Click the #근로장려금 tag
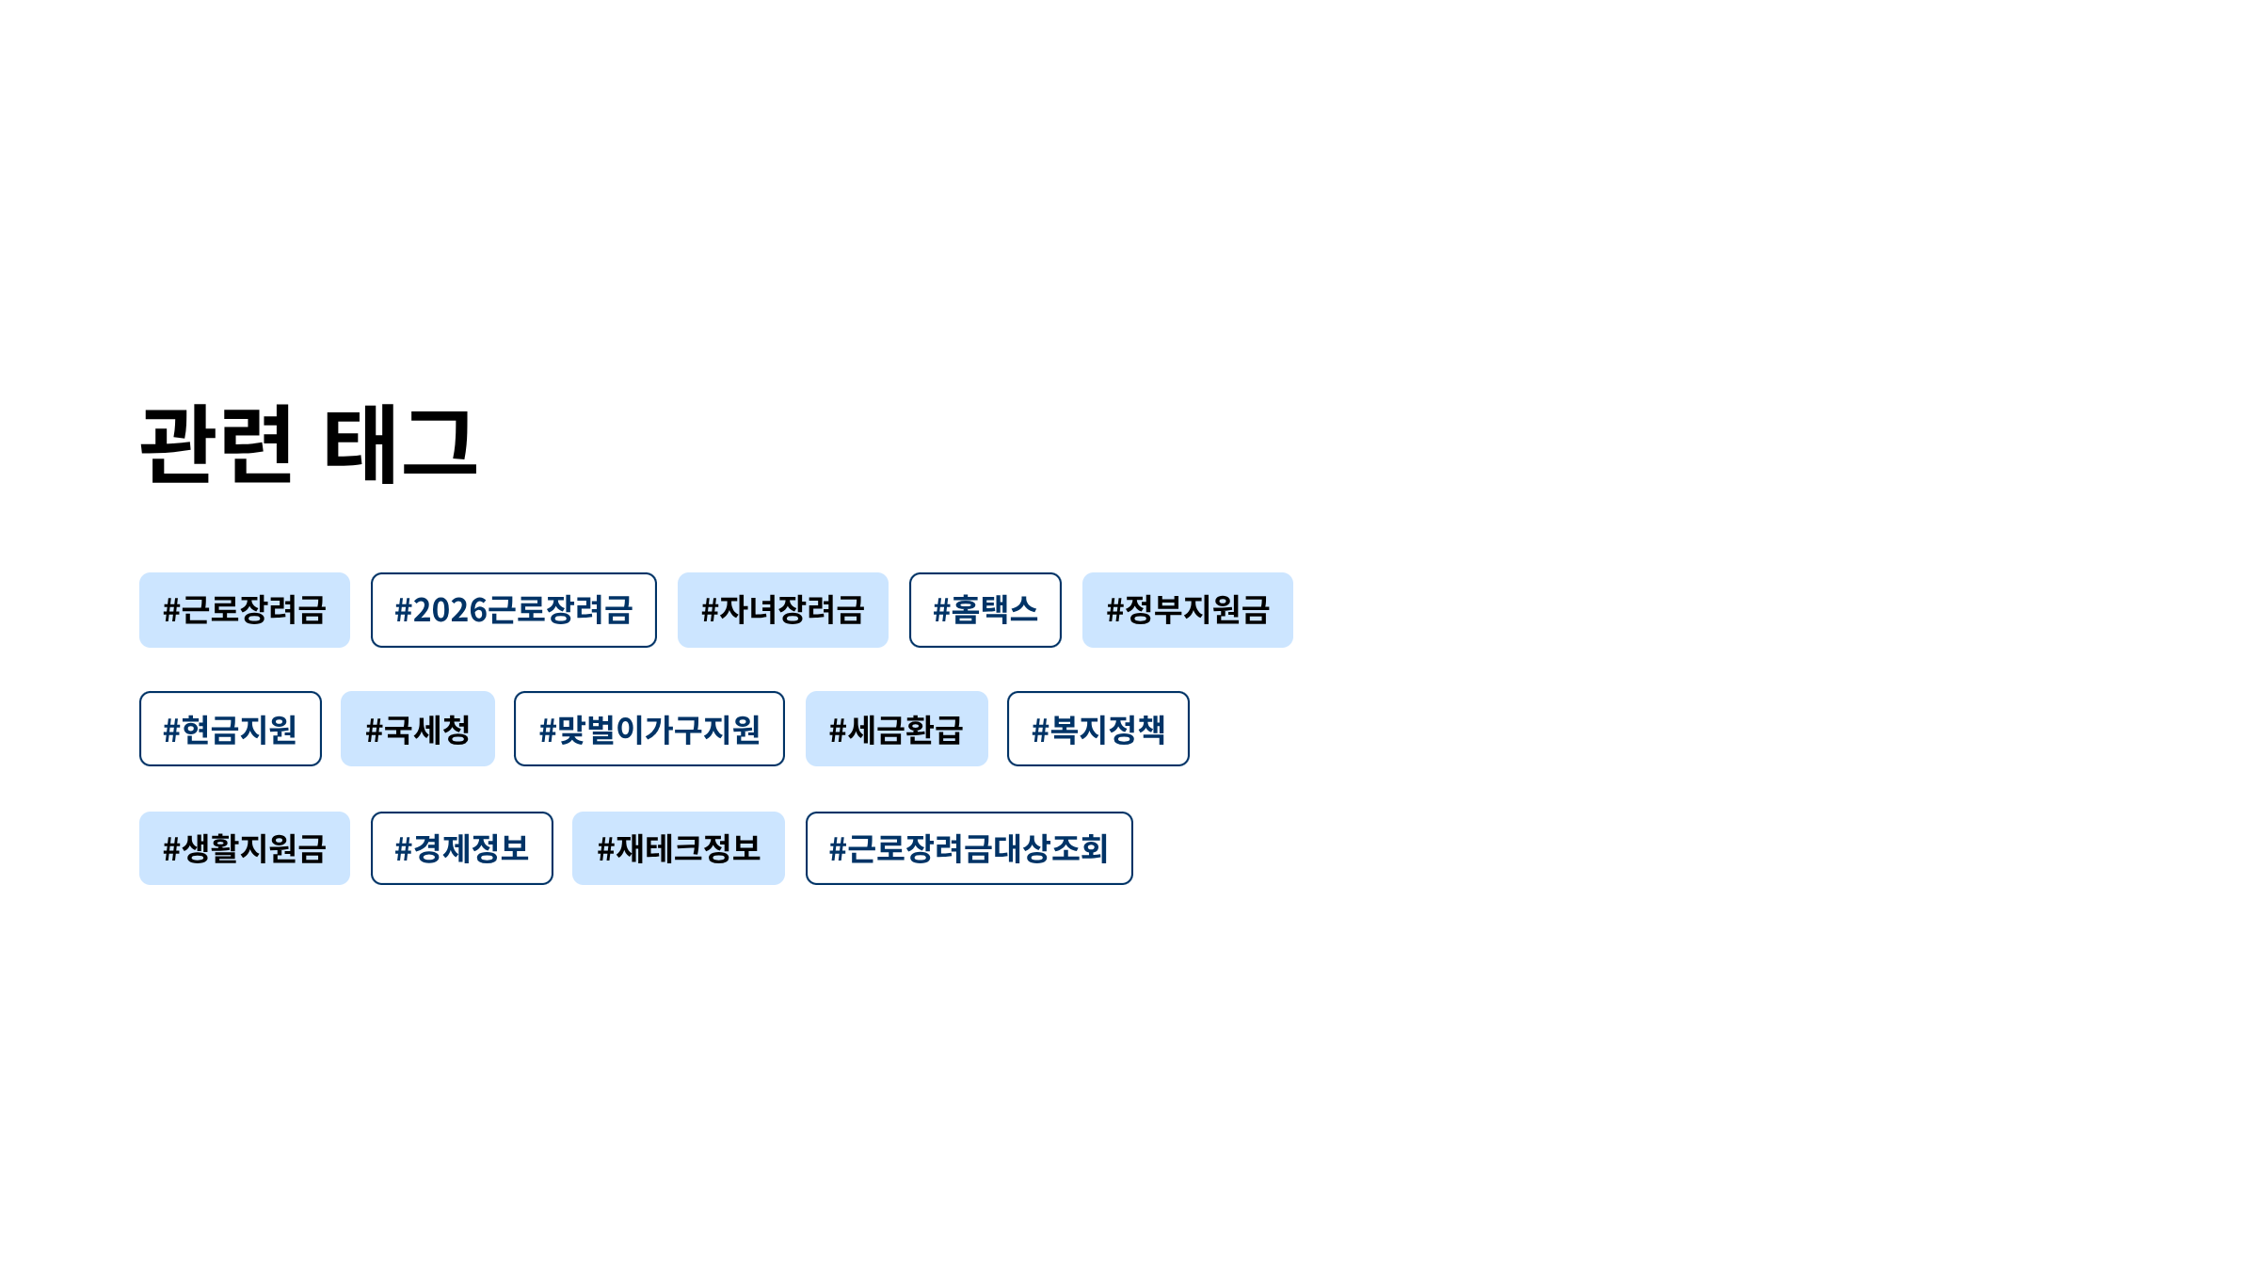245,610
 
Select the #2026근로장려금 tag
513,610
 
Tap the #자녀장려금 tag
782,610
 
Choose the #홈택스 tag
985,610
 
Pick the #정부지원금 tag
1187,610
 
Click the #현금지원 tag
230,730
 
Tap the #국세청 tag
417,730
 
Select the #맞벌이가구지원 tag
649,730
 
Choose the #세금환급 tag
896,730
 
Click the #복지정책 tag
1097,730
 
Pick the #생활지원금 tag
245,848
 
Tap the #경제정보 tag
461,848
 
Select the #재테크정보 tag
678,848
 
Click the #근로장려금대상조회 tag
969,848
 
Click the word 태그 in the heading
401,444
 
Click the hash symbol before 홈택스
941,610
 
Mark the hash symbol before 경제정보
403,849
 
